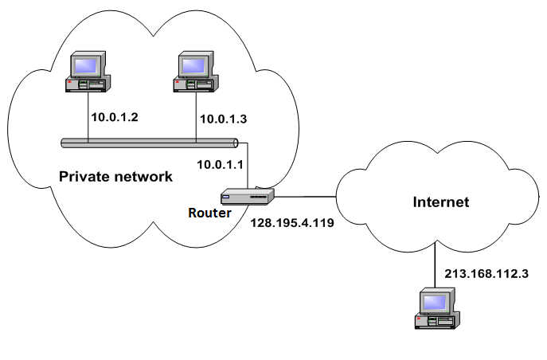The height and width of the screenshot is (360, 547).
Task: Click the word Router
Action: pos(209,213)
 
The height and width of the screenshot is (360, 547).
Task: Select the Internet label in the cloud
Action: pos(440,202)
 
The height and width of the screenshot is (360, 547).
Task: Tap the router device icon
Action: pos(248,196)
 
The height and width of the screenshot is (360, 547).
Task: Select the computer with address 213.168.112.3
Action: pos(437,310)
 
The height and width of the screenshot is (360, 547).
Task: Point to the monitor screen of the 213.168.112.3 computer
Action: pos(436,302)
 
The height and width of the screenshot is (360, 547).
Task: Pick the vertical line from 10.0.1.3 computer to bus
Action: pos(196,115)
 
